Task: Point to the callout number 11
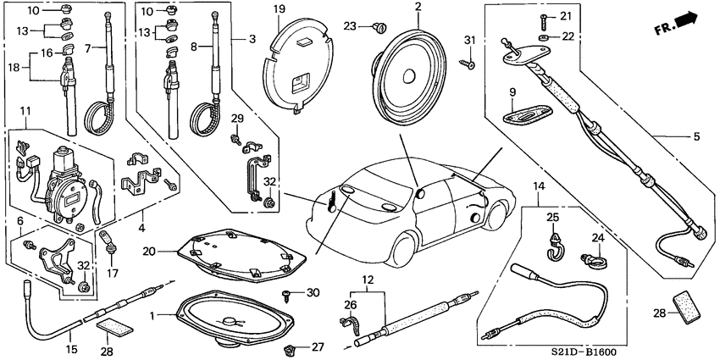pyautogui.click(x=26, y=111)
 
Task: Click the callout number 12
pyautogui.click(x=367, y=280)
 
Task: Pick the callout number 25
pyautogui.click(x=553, y=218)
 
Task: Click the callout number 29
pyautogui.click(x=238, y=117)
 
